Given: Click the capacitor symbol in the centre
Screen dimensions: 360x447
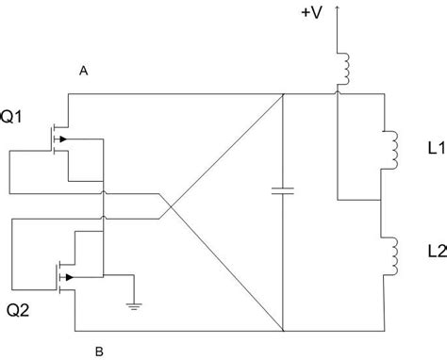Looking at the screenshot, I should (283, 192).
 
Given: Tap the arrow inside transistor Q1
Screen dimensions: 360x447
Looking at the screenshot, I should (62, 140).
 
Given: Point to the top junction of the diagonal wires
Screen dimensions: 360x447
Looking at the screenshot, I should (283, 93).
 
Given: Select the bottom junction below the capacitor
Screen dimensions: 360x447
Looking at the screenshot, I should (283, 331).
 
